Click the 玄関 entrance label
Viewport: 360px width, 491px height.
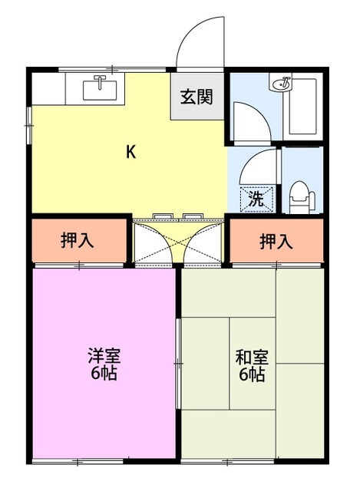[x=197, y=97]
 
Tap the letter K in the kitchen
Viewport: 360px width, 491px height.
[x=130, y=152]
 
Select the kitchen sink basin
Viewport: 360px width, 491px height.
[x=100, y=91]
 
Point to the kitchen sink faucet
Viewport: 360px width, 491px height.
[x=100, y=81]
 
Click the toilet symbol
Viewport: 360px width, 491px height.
[x=302, y=197]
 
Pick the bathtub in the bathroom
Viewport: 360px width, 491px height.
[x=302, y=107]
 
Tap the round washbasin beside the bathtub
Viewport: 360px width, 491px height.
[x=281, y=83]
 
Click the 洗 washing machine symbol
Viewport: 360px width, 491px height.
[x=256, y=199]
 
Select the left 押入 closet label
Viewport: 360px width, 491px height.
[x=77, y=240]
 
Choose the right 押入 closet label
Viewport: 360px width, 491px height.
[x=276, y=241]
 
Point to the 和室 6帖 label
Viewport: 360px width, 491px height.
[x=252, y=365]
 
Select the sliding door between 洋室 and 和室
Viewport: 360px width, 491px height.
[x=178, y=363]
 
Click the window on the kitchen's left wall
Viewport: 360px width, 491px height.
[x=29, y=125]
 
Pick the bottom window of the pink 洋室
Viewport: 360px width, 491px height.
[x=78, y=461]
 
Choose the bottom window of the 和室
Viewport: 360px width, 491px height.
[x=228, y=461]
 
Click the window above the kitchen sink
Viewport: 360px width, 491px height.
[x=112, y=69]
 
